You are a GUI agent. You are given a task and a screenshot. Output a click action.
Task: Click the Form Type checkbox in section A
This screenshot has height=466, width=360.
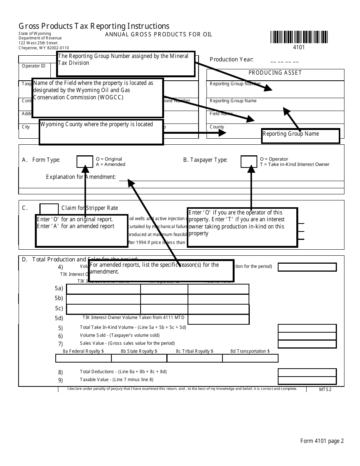coord(85,161)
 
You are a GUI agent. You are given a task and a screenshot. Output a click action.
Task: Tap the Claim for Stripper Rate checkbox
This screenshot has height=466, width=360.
coord(49,209)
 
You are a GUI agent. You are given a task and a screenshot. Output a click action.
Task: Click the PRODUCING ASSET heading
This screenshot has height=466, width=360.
coord(275,73)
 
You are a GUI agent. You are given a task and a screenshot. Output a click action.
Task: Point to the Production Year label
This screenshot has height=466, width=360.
coord(232,59)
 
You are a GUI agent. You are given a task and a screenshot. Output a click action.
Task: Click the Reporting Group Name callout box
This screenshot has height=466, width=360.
coord(301,136)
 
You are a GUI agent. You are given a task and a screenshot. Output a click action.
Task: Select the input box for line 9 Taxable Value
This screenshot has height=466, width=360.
coord(307,381)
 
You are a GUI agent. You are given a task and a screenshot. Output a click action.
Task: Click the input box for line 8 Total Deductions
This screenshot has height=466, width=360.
coord(307,372)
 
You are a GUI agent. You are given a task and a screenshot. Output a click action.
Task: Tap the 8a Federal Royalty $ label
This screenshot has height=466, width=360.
coord(83,351)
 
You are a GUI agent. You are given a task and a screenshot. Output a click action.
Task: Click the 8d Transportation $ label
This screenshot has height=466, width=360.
coord(250,351)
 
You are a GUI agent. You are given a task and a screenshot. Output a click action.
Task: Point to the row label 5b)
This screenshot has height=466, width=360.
coord(59,298)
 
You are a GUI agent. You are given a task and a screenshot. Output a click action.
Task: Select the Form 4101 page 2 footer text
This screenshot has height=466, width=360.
coord(322,441)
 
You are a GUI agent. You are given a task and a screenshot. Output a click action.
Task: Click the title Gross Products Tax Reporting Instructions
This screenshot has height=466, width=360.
coord(94,26)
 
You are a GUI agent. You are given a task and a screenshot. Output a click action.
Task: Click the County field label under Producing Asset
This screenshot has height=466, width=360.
coord(217,127)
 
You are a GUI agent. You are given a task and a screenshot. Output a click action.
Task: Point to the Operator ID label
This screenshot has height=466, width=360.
coord(33,66)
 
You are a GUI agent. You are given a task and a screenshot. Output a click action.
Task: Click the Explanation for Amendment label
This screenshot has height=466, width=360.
coord(81,177)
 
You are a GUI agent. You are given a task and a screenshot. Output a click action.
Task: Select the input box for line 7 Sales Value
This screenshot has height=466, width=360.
coord(307,344)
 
